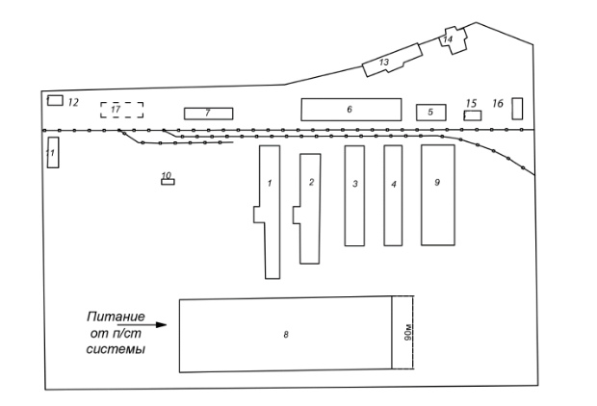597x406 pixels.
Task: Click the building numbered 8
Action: coord(286,333)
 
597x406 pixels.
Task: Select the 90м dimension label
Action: coord(407,332)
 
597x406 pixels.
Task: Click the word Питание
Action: coord(115,317)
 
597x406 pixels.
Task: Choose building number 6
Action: coord(350,109)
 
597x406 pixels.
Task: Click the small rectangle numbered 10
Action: coord(168,180)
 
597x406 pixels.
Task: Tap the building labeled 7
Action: coord(208,114)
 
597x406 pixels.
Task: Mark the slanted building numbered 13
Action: coord(391,60)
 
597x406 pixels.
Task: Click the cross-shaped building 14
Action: coord(452,38)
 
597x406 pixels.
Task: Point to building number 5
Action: coord(430,113)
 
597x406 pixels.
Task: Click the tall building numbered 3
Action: coord(354,195)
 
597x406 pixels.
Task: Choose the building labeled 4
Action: coord(393,195)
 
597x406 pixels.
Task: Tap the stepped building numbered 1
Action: coord(270,212)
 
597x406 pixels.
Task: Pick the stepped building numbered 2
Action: coord(309,208)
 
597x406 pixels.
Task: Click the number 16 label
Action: coord(498,102)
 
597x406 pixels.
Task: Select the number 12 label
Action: coord(72,101)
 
